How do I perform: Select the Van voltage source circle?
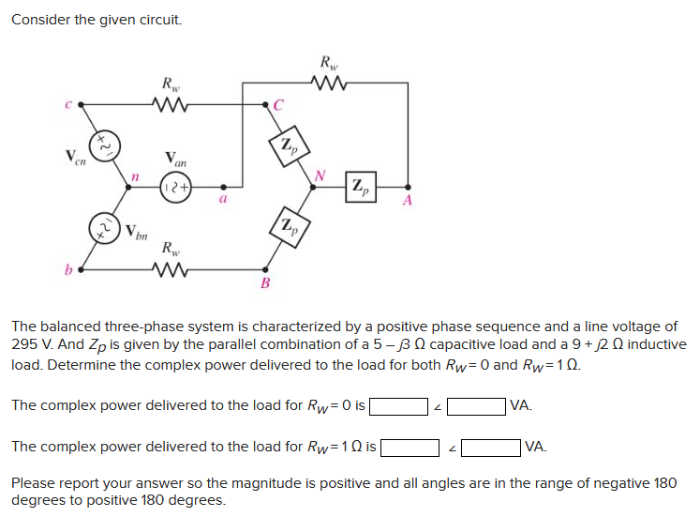[x=176, y=186]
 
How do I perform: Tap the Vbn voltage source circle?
[x=104, y=228]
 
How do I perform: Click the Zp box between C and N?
[x=291, y=144]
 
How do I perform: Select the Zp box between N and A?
[x=361, y=186]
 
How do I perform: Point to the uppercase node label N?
[x=320, y=174]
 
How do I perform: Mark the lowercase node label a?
[x=223, y=199]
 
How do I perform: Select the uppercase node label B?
[x=265, y=282]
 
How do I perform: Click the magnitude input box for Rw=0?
[x=398, y=406]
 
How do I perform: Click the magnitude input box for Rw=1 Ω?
[x=410, y=447]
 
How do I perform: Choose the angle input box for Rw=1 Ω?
[x=490, y=447]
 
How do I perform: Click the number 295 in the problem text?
[x=25, y=344]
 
